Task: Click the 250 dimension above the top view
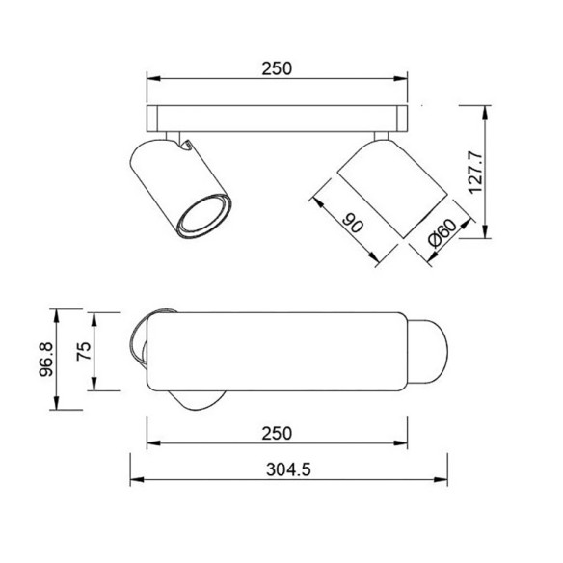(276, 68)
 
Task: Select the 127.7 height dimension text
(473, 172)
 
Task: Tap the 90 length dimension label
(353, 226)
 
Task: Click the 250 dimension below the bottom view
(276, 434)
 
